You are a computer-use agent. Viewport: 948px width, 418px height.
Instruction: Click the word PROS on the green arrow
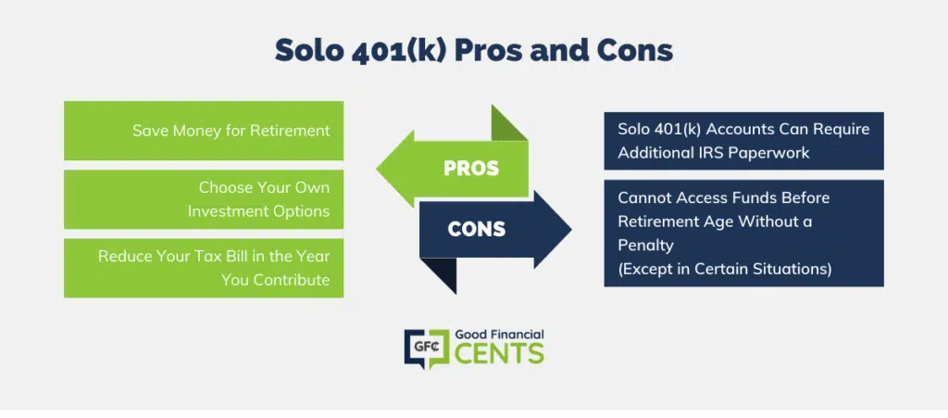pos(471,168)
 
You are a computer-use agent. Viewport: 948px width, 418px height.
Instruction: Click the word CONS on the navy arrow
pos(477,229)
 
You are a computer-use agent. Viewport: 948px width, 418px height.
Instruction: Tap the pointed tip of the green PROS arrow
pos(377,168)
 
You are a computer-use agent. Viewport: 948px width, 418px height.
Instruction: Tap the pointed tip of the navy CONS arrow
pos(570,229)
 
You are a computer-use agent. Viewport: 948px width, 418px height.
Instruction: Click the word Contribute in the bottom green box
pos(293,280)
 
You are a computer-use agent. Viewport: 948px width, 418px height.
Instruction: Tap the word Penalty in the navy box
pos(645,245)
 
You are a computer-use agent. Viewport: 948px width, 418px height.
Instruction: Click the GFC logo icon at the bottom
pos(427,349)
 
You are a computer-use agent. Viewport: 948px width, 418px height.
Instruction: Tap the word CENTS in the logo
pos(499,354)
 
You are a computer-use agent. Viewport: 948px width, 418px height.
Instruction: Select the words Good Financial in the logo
pos(499,335)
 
